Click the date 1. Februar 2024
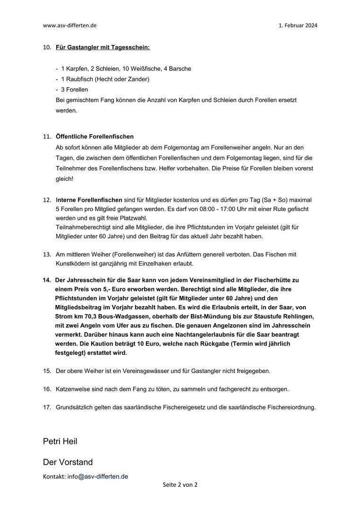click(x=298, y=25)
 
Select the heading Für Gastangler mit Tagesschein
click(x=103, y=48)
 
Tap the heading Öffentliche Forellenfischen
click(x=94, y=136)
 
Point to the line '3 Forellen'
click(x=74, y=89)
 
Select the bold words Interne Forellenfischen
click(x=89, y=200)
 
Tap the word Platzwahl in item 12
click(x=135, y=218)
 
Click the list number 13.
click(x=47, y=254)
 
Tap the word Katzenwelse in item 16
click(x=73, y=389)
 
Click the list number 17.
click(x=47, y=407)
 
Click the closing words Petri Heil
click(x=60, y=442)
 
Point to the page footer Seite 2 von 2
click(x=180, y=484)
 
